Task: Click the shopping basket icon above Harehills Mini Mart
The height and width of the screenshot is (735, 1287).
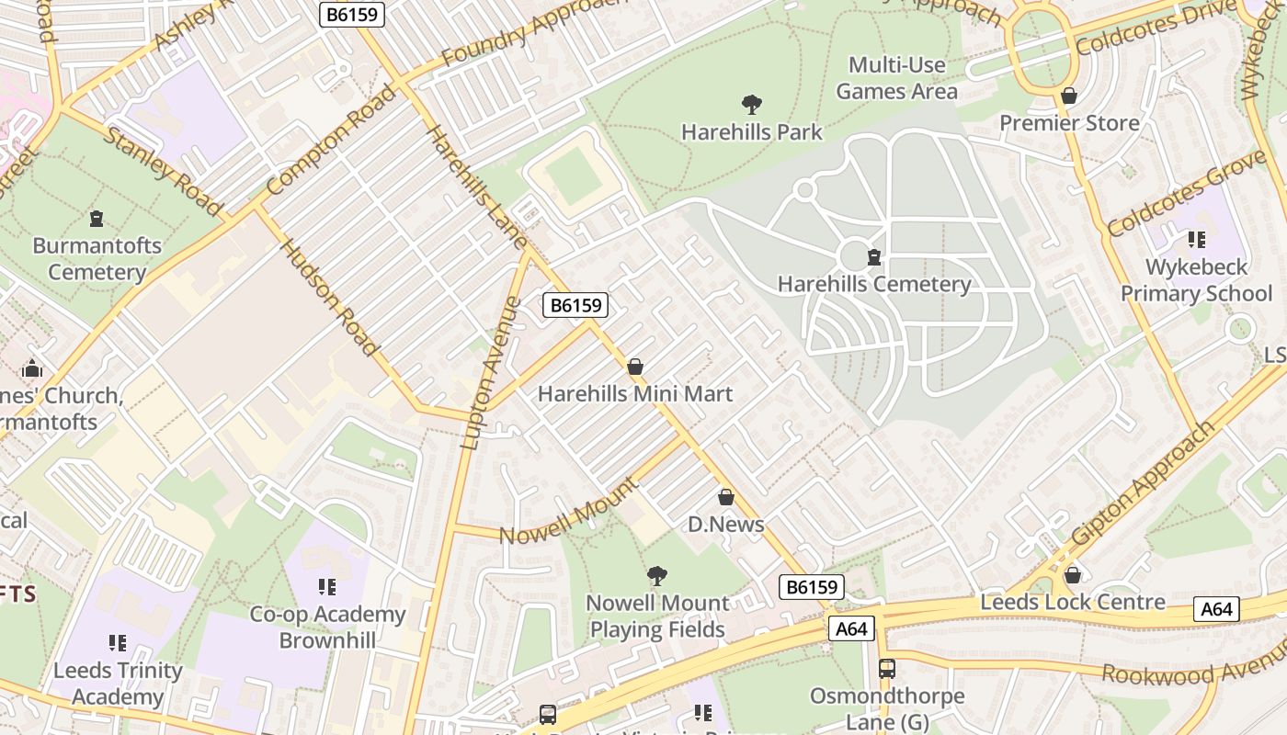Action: (x=634, y=367)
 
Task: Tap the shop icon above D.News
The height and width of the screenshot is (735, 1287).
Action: (x=726, y=498)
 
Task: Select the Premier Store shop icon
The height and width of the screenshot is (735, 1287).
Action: (x=1069, y=96)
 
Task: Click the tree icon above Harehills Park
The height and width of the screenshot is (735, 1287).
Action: (x=752, y=105)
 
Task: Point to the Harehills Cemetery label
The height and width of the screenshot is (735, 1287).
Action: (x=874, y=284)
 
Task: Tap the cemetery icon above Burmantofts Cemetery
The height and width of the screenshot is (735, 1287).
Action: (x=97, y=219)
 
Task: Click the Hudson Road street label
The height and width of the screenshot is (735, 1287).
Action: (x=328, y=298)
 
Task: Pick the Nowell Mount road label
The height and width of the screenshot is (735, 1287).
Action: (x=568, y=511)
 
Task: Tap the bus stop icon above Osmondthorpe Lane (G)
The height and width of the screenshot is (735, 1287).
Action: (x=886, y=669)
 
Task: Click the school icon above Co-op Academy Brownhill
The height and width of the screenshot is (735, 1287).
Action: (x=326, y=587)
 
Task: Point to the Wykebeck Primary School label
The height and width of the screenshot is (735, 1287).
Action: (x=1196, y=280)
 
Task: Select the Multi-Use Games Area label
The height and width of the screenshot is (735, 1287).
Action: (x=896, y=78)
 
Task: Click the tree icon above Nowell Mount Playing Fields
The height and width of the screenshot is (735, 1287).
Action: (x=656, y=576)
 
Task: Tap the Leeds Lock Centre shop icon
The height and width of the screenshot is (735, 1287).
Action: (x=1072, y=575)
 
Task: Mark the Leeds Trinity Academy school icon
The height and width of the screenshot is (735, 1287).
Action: (x=117, y=643)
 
